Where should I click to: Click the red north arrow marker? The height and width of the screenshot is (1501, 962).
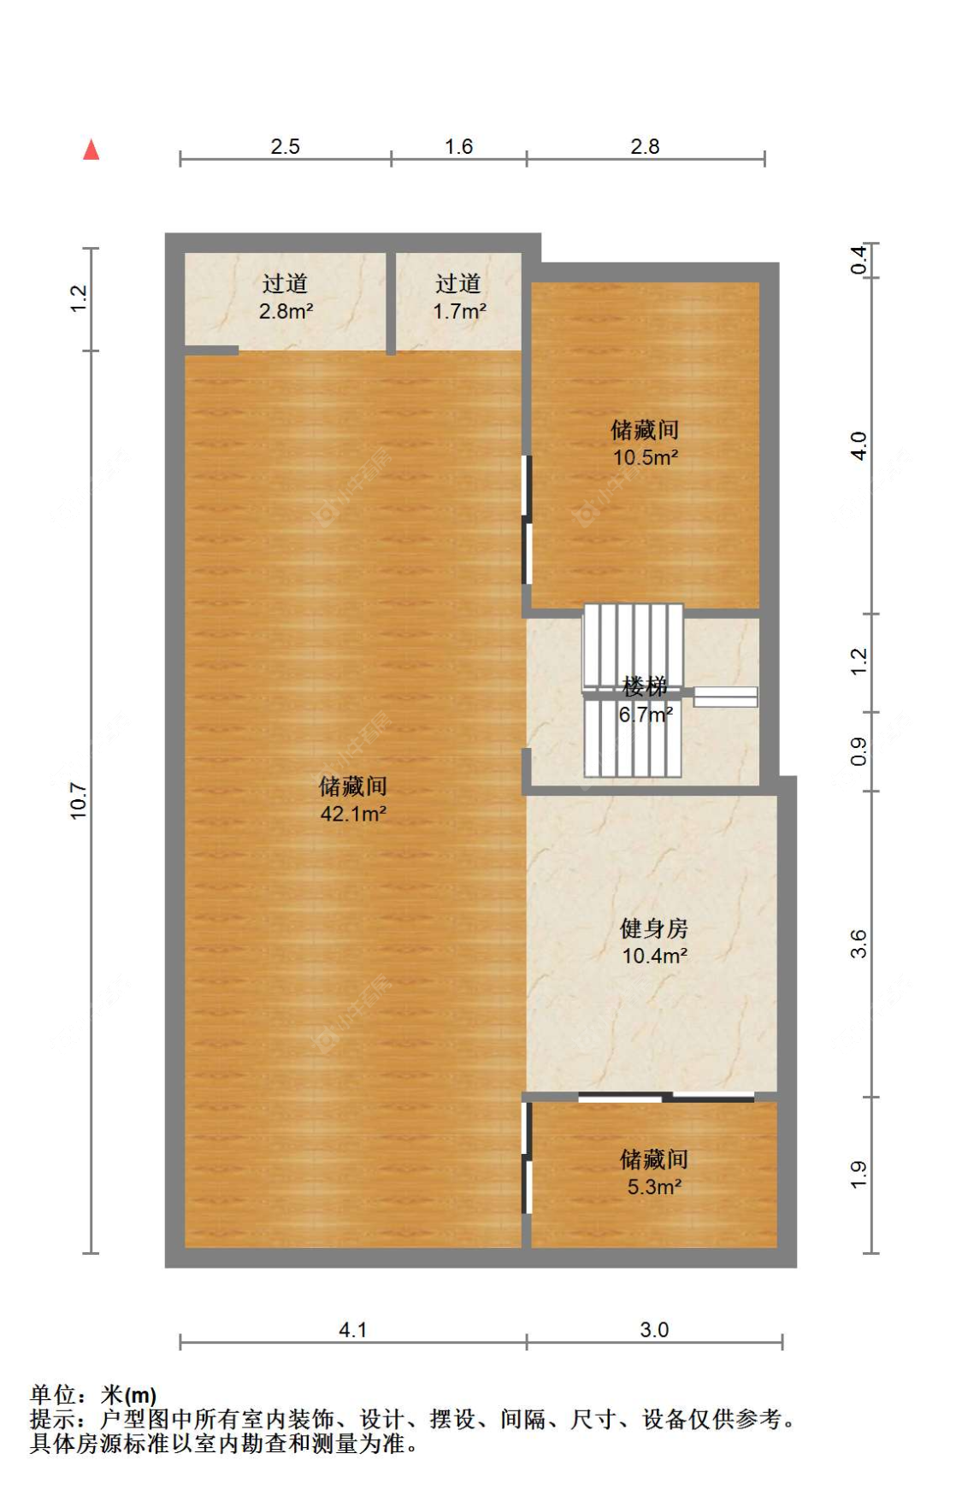pyautogui.click(x=91, y=150)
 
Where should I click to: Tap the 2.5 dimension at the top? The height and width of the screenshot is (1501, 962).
pyautogui.click(x=285, y=146)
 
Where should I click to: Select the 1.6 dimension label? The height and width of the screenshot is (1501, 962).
pyautogui.click(x=458, y=146)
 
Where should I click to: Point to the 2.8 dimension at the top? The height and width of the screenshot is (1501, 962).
pyautogui.click(x=645, y=146)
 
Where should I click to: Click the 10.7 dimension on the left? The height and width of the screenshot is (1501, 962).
pyautogui.click(x=79, y=801)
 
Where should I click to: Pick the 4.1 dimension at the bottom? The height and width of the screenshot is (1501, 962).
pyautogui.click(x=352, y=1329)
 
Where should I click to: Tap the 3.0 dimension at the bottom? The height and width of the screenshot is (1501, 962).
pyautogui.click(x=654, y=1329)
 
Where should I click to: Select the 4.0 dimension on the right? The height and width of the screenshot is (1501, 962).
pyautogui.click(x=859, y=445)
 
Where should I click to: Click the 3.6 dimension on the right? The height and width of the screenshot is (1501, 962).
pyautogui.click(x=859, y=944)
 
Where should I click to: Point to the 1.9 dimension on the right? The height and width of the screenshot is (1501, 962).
pyautogui.click(x=859, y=1174)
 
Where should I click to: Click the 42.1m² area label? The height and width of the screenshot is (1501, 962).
pyautogui.click(x=353, y=813)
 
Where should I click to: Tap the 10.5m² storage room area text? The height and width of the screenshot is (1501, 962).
pyautogui.click(x=646, y=457)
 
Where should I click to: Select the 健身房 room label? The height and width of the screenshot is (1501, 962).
pyautogui.click(x=654, y=928)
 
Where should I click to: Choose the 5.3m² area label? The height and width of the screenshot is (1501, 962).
pyautogui.click(x=654, y=1186)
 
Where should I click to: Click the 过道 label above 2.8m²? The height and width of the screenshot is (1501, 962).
pyautogui.click(x=285, y=283)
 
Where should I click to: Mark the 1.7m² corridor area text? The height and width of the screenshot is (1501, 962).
pyautogui.click(x=459, y=311)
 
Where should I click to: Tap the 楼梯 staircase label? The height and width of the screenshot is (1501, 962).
pyautogui.click(x=645, y=686)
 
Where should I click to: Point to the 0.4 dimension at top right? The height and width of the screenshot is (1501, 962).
pyautogui.click(x=859, y=259)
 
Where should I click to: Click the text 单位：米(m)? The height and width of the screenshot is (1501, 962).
pyautogui.click(x=93, y=1395)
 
